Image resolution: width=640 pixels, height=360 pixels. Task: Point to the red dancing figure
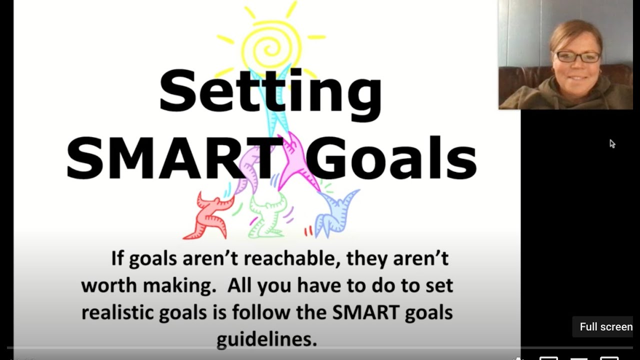pos(207,215)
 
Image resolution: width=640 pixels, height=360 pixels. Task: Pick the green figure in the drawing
pos(268,215)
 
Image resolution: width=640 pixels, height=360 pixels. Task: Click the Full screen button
pos(605,327)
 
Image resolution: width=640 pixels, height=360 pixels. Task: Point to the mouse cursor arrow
pos(612,144)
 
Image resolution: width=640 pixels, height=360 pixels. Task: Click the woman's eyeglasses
pos(578,56)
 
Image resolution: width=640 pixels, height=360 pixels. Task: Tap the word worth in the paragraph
pos(109,286)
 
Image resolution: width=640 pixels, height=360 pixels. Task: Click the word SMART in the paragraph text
pos(364,313)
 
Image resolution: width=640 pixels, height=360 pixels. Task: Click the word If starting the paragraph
pos(117,259)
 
